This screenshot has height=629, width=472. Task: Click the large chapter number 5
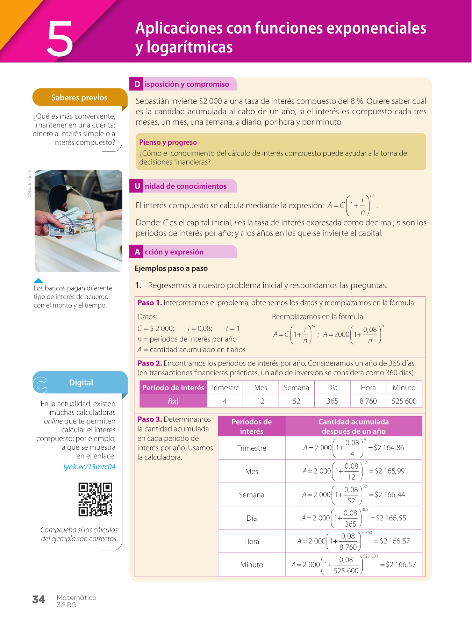point(60,39)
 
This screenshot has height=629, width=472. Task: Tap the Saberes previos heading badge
point(79,97)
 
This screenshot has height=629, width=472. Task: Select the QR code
point(95,499)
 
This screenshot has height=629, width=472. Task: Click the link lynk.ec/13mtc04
point(90,467)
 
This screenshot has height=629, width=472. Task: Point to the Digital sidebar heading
point(81,383)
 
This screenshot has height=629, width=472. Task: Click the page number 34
point(38,600)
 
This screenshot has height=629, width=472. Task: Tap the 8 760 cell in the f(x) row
point(368,401)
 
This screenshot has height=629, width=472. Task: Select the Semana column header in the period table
point(296,388)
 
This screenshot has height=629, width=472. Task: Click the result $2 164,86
point(389,448)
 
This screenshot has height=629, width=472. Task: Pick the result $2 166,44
point(389,494)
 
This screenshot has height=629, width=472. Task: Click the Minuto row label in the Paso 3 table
point(251,565)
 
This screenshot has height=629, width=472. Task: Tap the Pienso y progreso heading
point(168,142)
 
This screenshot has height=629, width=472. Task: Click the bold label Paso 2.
point(150,363)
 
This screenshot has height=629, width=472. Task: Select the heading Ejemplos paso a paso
point(171,268)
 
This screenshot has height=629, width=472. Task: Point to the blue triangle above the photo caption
point(38,280)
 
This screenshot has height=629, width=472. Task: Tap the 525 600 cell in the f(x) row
point(404,401)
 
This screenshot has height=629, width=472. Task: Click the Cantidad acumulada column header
point(353,426)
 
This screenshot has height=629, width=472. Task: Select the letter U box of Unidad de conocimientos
point(137,186)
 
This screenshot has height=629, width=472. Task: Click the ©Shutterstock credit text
point(30,184)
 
